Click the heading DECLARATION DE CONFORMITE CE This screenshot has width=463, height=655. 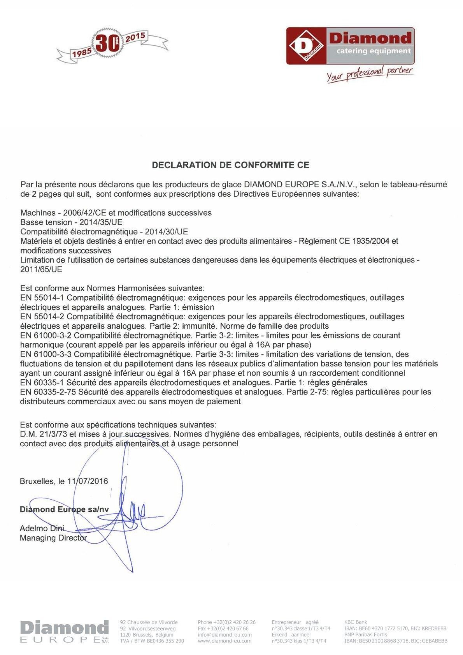pyautogui.click(x=230, y=165)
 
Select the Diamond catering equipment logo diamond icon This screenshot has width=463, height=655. pyautogui.click(x=306, y=46)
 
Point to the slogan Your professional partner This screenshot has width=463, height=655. pyautogui.click(x=369, y=73)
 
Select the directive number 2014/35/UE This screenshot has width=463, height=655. pyautogui.click(x=101, y=222)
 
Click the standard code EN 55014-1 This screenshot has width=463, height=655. pyautogui.click(x=42, y=298)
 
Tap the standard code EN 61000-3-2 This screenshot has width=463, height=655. pyautogui.click(x=46, y=335)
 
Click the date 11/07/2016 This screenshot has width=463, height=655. pyautogui.click(x=88, y=481)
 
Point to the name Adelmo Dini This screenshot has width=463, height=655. pyautogui.click(x=42, y=528)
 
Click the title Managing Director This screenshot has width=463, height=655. pyautogui.click(x=53, y=538)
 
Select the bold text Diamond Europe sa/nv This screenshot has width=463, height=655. pyautogui.click(x=64, y=509)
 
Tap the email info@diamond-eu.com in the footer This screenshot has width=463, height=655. pyautogui.click(x=224, y=635)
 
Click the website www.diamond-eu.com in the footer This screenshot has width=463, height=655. pyautogui.click(x=224, y=641)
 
